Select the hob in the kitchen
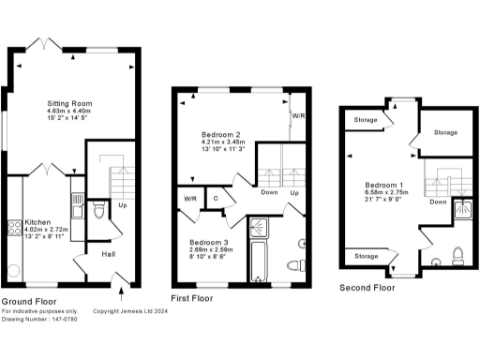pos(15,226)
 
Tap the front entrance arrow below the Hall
pos(113,275)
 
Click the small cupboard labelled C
pos(216,198)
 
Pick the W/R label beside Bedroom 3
pos(189,199)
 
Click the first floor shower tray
pos(257,227)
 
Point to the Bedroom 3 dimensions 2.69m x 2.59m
pos(211,250)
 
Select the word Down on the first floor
pos(269,193)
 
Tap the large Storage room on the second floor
pos(445,133)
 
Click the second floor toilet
pos(457,253)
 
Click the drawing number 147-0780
pos(53,319)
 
